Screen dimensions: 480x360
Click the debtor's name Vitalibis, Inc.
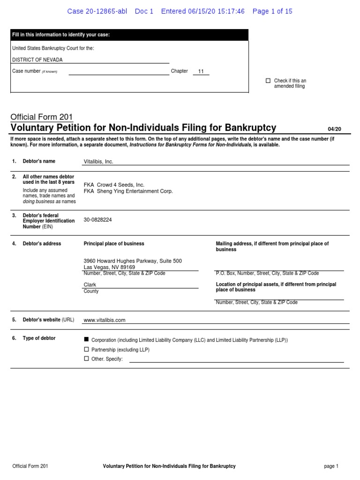pyautogui.click(x=98, y=162)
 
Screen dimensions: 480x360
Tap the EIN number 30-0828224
pyautogui.click(x=98, y=219)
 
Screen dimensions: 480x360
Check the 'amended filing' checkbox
pyautogui.click(x=268, y=81)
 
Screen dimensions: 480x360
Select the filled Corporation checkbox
pyautogui.click(x=86, y=339)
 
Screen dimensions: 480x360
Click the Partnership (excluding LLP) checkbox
pyautogui.click(x=86, y=349)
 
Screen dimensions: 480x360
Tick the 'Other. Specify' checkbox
pyautogui.click(x=86, y=359)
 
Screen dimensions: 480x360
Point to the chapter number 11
pyautogui.click(x=201, y=72)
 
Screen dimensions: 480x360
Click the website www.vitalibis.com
pyautogui.click(x=105, y=320)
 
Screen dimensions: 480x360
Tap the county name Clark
pyautogui.click(x=90, y=285)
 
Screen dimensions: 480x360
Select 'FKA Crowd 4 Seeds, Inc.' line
pyautogui.click(x=114, y=185)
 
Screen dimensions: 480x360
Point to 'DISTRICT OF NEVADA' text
pyautogui.click(x=37, y=60)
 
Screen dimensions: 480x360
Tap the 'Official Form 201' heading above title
pyautogui.click(x=42, y=117)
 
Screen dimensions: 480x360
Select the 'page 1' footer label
pyautogui.click(x=330, y=466)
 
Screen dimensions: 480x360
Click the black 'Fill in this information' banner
pyautogui.click(x=129, y=35)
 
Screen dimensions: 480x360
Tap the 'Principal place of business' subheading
pyautogui.click(x=114, y=244)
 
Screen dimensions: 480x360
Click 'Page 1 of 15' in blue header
pyautogui.click(x=272, y=11)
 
